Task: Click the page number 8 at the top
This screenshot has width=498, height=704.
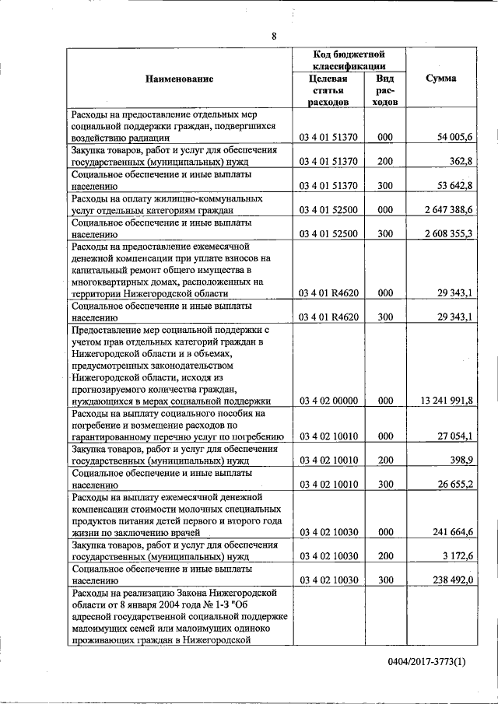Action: [x=274, y=36]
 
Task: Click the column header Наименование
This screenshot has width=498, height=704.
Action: [x=179, y=79]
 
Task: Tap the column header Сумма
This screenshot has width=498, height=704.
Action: [x=441, y=79]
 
